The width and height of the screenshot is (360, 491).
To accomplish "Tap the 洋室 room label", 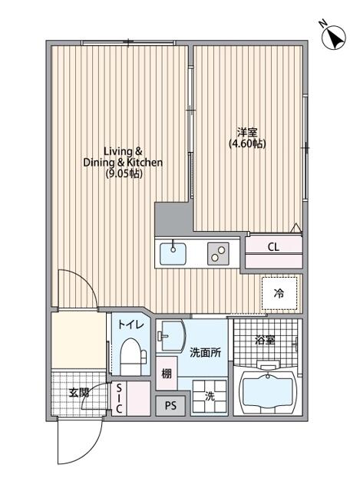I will [247, 131].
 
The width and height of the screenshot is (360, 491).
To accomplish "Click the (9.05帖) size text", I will [124, 174].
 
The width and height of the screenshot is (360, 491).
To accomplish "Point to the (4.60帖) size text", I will [247, 143].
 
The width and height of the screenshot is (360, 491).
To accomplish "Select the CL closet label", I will [273, 247].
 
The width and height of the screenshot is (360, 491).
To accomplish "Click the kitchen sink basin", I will [174, 250].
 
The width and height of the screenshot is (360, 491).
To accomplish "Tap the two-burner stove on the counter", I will [219, 251].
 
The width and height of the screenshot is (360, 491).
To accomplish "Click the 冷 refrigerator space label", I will [279, 292].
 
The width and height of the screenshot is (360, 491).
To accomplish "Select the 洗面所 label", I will [205, 352].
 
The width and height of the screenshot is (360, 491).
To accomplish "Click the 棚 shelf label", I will [167, 374].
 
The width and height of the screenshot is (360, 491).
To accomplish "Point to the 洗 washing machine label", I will [209, 397].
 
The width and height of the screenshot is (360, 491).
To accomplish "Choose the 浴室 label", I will [265, 340].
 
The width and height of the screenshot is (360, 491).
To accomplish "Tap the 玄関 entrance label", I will [78, 392].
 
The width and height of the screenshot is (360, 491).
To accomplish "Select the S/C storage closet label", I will [120, 399].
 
